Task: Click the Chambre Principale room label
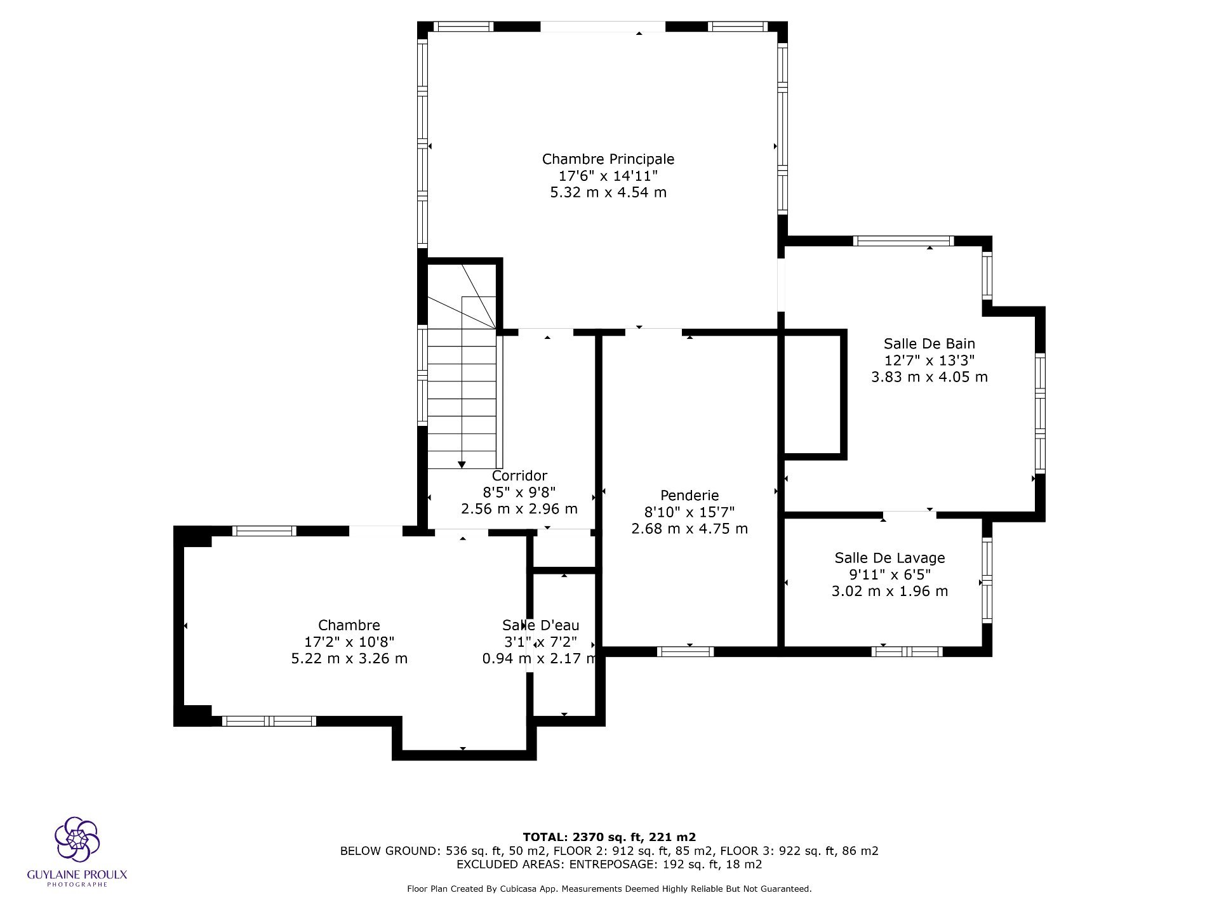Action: click(x=608, y=159)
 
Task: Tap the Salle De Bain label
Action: click(x=929, y=343)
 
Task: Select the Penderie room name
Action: click(x=689, y=495)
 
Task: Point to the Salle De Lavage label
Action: click(x=889, y=558)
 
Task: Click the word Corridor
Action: click(x=519, y=475)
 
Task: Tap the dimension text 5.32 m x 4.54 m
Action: click(x=608, y=192)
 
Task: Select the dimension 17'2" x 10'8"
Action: click(x=349, y=642)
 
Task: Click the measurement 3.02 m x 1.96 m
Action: click(x=889, y=592)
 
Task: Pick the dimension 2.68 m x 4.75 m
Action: click(x=689, y=529)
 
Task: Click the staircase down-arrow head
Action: click(x=462, y=465)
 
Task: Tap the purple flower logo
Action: click(x=77, y=839)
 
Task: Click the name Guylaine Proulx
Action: click(x=77, y=875)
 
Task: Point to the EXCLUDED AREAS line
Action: click(x=609, y=864)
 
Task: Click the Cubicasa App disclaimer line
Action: click(x=609, y=889)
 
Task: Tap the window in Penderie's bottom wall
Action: click(x=685, y=651)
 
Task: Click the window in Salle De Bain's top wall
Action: click(x=903, y=241)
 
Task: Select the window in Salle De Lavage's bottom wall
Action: click(x=907, y=651)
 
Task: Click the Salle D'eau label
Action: click(x=540, y=625)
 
